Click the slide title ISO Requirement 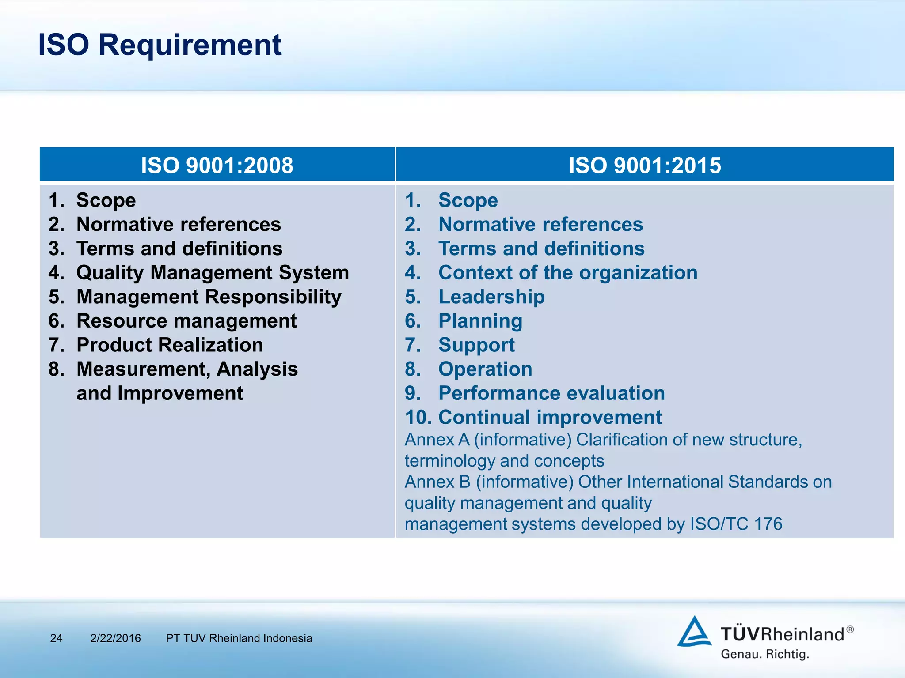160,45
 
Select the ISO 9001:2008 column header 217,165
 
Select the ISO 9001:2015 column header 644,165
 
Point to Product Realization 170,345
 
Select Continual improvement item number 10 533,417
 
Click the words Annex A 437,440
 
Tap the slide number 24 56,638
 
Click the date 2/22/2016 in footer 115,638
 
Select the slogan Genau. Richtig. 764,654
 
